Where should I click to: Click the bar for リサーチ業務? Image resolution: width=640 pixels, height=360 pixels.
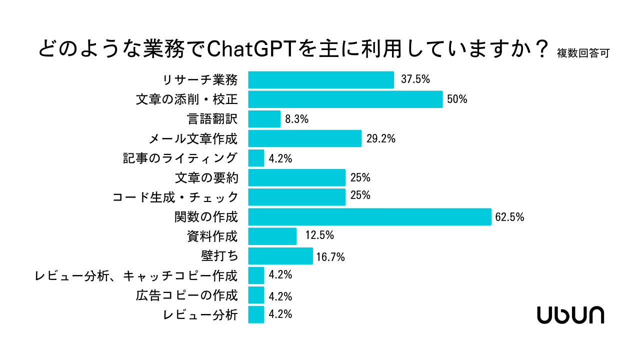pos(321,80)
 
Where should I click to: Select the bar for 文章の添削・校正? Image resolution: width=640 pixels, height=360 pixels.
pos(345,99)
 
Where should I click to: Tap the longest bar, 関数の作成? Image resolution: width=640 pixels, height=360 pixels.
pos(369,217)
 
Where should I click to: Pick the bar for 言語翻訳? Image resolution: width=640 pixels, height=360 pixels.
pos(264,119)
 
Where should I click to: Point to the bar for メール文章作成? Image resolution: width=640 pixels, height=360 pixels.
pos(305,138)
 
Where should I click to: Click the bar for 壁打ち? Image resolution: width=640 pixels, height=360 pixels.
pos(280,256)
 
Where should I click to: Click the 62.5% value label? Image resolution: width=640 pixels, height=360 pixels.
pos(509,217)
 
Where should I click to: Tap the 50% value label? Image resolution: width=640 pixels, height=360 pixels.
pos(457,99)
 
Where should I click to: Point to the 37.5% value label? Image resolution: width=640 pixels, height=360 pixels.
pos(415,79)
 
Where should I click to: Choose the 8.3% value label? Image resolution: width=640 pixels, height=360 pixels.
pos(296,119)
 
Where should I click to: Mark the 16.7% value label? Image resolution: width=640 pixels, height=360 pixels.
pos(331,257)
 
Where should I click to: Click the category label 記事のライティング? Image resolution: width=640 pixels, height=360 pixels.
pos(180,158)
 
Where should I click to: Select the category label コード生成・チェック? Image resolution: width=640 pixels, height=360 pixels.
pos(175,197)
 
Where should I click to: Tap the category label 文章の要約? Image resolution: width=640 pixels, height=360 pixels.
pos(206,177)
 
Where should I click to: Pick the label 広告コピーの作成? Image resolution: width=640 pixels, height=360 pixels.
pos(186,295)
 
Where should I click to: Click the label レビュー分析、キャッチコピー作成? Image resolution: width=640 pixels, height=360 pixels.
pos(136,275)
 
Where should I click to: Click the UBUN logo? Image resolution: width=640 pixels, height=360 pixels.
pos(570,315)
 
